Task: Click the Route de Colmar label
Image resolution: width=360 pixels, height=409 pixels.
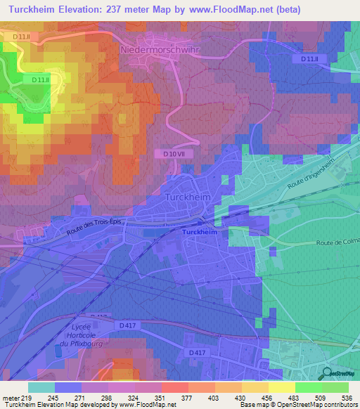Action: tap(336, 243)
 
